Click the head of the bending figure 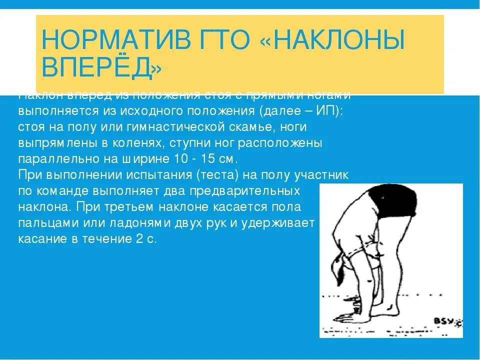tap(344, 270)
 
